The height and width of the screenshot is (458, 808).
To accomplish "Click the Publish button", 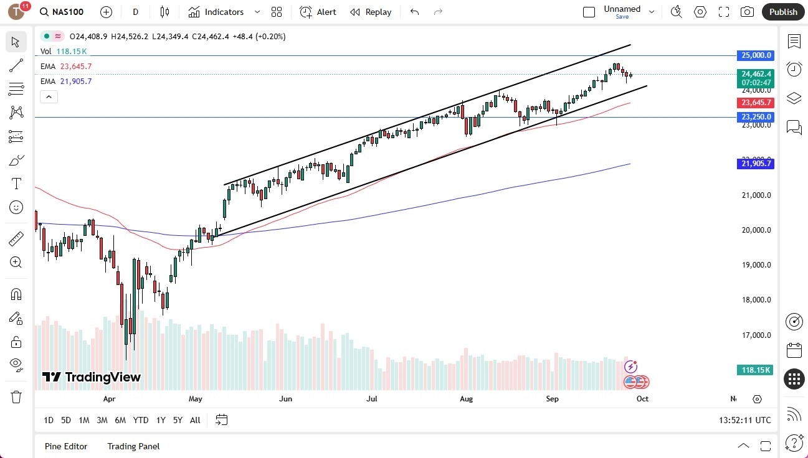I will point(783,12).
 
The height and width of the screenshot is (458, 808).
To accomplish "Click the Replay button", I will point(371,12).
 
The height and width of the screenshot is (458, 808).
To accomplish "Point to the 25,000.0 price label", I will point(756,55).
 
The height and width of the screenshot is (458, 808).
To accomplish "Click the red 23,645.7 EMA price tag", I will point(756,103).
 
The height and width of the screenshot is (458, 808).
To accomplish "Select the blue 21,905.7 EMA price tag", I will point(756,164).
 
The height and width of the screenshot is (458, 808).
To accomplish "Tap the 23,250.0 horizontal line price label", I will point(756,117).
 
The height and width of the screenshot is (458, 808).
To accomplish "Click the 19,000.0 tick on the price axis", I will point(755,265).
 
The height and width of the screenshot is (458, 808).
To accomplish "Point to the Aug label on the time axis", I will point(466,399).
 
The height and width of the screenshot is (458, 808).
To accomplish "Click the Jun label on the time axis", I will point(285,399).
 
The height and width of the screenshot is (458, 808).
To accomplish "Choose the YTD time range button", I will point(141,420).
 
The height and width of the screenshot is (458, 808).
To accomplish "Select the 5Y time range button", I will point(178,420).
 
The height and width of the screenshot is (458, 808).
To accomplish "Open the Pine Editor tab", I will point(66,446).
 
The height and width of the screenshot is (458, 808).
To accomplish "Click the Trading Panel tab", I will point(133,446).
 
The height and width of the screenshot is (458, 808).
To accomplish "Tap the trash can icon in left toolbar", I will point(16,397).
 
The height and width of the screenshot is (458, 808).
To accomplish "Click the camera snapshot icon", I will point(747,12).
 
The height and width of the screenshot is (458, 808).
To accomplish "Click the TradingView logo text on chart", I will point(92,377).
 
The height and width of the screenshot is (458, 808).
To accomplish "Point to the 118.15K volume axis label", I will point(756,370).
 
